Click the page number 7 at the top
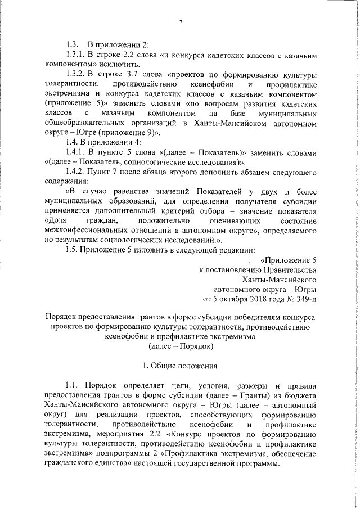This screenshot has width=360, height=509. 181,22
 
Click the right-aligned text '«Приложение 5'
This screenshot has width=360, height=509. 288,260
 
